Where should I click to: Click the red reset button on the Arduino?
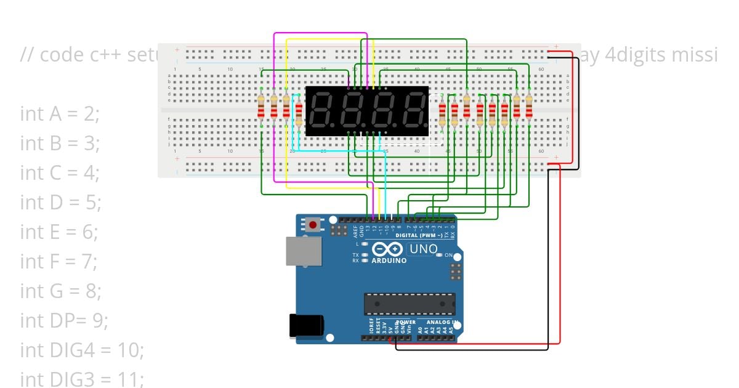[x=313, y=225]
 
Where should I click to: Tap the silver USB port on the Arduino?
[x=304, y=253]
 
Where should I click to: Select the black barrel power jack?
[x=306, y=326]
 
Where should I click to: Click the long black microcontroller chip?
[x=410, y=304]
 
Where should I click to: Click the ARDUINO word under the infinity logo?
[x=389, y=261]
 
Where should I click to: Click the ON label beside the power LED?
[x=448, y=255]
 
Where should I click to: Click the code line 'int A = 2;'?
[x=59, y=113]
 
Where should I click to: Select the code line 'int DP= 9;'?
[x=64, y=320]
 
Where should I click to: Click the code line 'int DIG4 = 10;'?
[x=82, y=350]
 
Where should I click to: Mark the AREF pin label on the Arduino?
[x=355, y=231]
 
